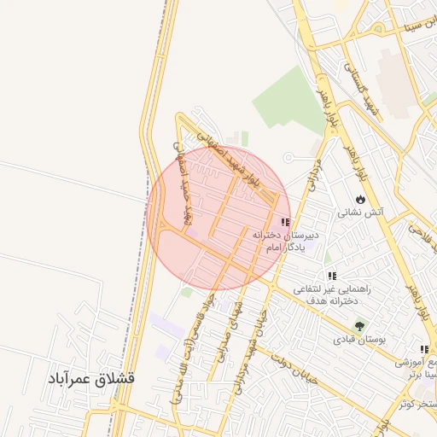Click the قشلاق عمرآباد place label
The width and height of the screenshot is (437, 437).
click(x=91, y=377)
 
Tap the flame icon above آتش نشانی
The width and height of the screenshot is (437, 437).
click(x=361, y=198)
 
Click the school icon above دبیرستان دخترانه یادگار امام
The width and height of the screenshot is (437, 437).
click(x=284, y=221)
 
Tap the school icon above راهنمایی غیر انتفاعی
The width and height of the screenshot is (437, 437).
click(x=332, y=276)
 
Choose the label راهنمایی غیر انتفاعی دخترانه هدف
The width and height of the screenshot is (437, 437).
click(x=330, y=295)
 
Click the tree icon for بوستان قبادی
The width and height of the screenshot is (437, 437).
click(x=359, y=325)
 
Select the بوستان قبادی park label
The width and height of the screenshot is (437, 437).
click(x=359, y=339)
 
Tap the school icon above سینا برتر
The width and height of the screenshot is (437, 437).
click(x=424, y=349)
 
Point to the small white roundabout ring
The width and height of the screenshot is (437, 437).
click(x=288, y=157)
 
